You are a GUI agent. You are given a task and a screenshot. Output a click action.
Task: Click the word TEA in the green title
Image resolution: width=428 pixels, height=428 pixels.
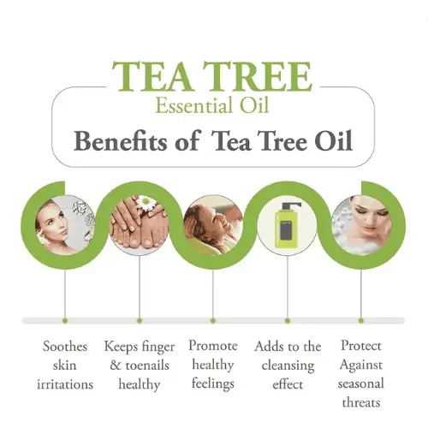pyautogui.click(x=152, y=76)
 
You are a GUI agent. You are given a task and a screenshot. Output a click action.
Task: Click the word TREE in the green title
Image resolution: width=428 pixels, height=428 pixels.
pyautogui.click(x=257, y=76)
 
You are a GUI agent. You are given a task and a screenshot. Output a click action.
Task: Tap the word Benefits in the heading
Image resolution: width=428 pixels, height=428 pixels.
pyautogui.click(x=120, y=141)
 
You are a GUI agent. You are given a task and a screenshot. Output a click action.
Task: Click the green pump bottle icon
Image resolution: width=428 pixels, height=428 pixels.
pyautogui.click(x=287, y=224)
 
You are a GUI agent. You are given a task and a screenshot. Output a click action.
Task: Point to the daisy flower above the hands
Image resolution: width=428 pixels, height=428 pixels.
pyautogui.click(x=146, y=203)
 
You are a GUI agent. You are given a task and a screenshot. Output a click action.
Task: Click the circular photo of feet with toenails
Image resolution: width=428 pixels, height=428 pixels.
pyautogui.click(x=140, y=225)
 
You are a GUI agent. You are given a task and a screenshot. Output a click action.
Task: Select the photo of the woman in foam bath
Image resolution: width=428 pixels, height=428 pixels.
pyautogui.click(x=360, y=225)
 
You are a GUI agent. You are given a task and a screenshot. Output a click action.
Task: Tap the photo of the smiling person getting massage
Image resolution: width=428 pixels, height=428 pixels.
pyautogui.click(x=213, y=225)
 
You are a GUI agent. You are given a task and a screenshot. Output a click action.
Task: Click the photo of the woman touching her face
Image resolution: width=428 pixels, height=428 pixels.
pyautogui.click(x=65, y=225)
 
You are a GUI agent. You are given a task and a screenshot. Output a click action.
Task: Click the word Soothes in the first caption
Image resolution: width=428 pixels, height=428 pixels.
pyautogui.click(x=65, y=347)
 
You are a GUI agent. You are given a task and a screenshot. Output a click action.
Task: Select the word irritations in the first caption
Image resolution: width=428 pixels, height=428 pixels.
pyautogui.click(x=65, y=384)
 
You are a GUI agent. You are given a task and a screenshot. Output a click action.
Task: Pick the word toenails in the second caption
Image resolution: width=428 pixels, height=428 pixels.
pyautogui.click(x=147, y=366)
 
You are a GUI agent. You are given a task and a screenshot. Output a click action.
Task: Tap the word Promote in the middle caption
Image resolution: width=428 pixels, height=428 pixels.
pyautogui.click(x=213, y=346)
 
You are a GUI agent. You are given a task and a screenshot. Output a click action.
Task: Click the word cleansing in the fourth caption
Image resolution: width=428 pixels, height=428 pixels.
pyautogui.click(x=288, y=366)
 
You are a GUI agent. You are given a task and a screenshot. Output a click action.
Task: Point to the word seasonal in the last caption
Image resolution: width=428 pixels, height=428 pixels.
pyautogui.click(x=361, y=383)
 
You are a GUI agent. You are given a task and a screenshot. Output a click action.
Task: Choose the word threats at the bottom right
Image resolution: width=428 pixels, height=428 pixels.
pyautogui.click(x=361, y=402)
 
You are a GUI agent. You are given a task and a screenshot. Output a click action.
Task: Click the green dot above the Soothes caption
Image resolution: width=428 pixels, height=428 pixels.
pyautogui.click(x=65, y=321)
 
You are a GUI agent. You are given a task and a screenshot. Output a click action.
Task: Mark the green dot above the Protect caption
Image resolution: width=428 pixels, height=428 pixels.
pyautogui.click(x=361, y=321)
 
